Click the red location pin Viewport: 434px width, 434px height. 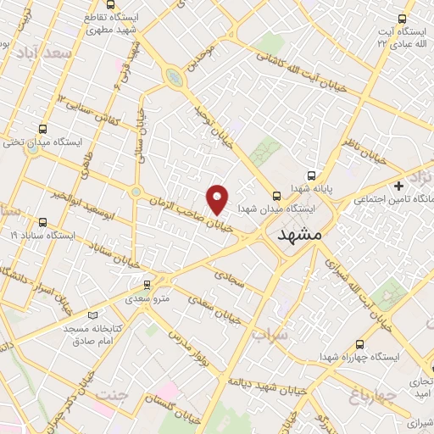[x=218, y=198]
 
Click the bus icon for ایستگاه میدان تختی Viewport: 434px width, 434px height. [x=42, y=130]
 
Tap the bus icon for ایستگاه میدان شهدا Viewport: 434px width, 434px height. [x=276, y=194]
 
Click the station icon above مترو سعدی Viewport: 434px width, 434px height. [x=147, y=285]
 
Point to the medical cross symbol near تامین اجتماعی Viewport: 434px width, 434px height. [x=398, y=186]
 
